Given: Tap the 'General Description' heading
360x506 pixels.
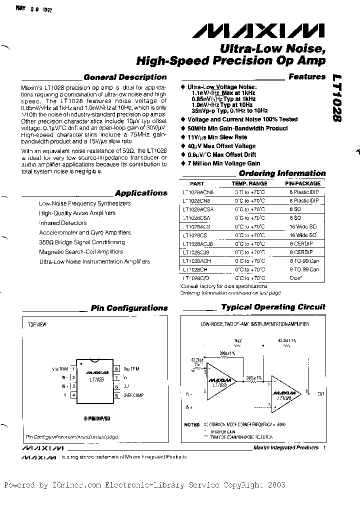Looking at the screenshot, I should click(x=125, y=77).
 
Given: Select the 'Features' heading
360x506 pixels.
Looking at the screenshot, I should click(x=306, y=77).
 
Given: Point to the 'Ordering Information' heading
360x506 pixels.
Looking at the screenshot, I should click(x=282, y=173).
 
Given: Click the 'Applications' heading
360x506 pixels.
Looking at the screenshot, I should click(x=141, y=193).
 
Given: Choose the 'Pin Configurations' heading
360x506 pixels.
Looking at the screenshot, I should click(x=129, y=308).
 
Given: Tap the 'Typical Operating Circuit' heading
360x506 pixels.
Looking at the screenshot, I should click(x=273, y=307).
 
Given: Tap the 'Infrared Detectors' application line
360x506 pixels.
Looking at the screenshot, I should click(x=63, y=223).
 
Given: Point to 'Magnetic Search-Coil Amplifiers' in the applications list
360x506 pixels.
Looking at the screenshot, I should click(x=81, y=252).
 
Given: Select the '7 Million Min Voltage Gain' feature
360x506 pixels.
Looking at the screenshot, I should click(x=223, y=163).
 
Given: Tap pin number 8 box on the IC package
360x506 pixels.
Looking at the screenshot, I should click(x=116, y=369).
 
